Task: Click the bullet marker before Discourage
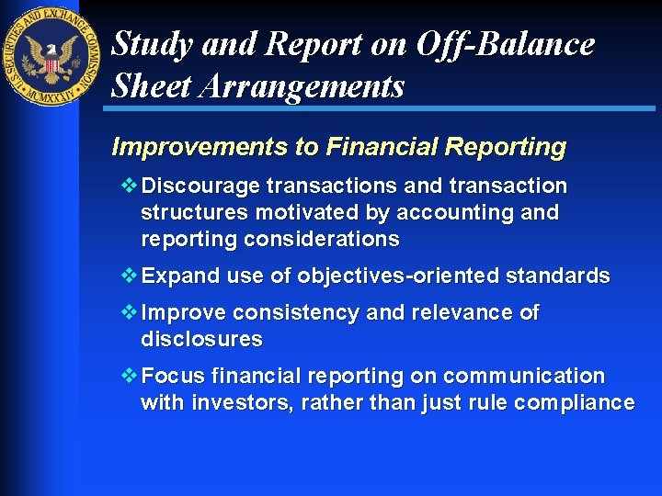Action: point(128,186)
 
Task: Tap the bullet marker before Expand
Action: point(128,276)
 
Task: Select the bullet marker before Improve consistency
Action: point(128,312)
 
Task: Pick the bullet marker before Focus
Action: point(128,376)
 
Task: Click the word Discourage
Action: point(201,186)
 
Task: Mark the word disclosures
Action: point(201,340)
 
